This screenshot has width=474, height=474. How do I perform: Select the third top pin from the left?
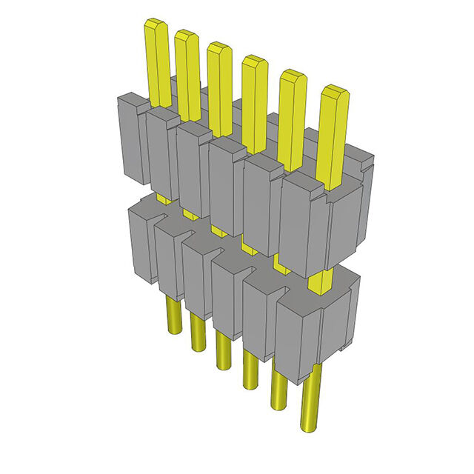[x=219, y=81]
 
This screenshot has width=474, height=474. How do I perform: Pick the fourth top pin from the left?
[x=254, y=96]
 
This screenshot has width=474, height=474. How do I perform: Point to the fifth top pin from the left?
[x=291, y=111]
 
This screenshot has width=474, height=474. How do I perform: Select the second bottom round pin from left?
[x=196, y=333]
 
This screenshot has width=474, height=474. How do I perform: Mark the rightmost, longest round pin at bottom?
[x=311, y=404]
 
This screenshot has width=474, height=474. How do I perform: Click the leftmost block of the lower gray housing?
[x=141, y=244]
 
